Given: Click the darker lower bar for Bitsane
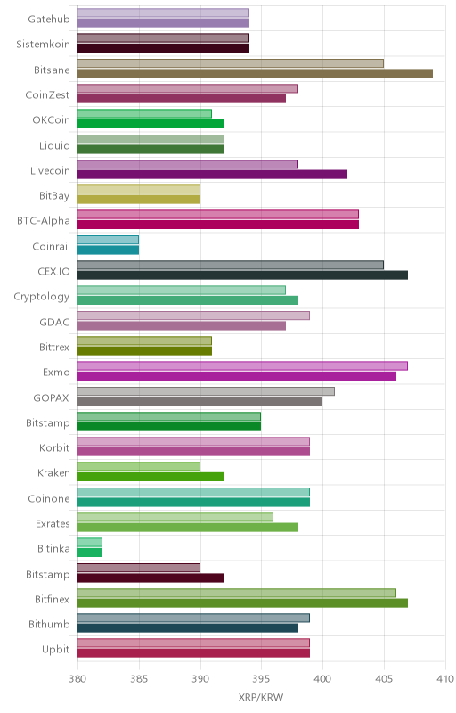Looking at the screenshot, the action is pyautogui.click(x=255, y=73).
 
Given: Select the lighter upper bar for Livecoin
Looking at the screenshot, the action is pyautogui.click(x=188, y=164).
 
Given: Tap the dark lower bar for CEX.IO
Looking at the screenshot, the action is pyautogui.click(x=242, y=275).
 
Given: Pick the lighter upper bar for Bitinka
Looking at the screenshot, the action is pyautogui.click(x=90, y=542).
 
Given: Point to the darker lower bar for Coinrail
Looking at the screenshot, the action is pyautogui.click(x=108, y=250).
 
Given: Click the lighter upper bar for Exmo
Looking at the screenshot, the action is pyautogui.click(x=242, y=365).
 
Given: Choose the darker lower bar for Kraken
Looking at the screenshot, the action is pyautogui.click(x=151, y=477).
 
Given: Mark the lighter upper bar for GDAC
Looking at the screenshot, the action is pyautogui.click(x=193, y=316).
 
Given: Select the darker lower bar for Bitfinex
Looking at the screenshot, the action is pyautogui.click(x=242, y=603).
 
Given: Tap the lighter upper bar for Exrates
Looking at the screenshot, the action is pyautogui.click(x=175, y=517).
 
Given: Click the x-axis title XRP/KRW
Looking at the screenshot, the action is pyautogui.click(x=261, y=698).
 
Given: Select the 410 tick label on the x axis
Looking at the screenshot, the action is pyautogui.click(x=445, y=679).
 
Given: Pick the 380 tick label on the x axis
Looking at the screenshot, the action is pyautogui.click(x=77, y=679).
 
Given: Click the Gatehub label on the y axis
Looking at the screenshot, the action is pyautogui.click(x=49, y=19).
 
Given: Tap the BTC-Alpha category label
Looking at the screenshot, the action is pyautogui.click(x=44, y=221).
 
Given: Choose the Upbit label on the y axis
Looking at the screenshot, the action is pyautogui.click(x=55, y=650).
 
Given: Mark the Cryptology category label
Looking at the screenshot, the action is pyautogui.click(x=42, y=297).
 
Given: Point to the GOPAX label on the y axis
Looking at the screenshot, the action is pyautogui.click(x=52, y=397).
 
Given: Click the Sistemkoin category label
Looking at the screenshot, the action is pyautogui.click(x=43, y=44).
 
